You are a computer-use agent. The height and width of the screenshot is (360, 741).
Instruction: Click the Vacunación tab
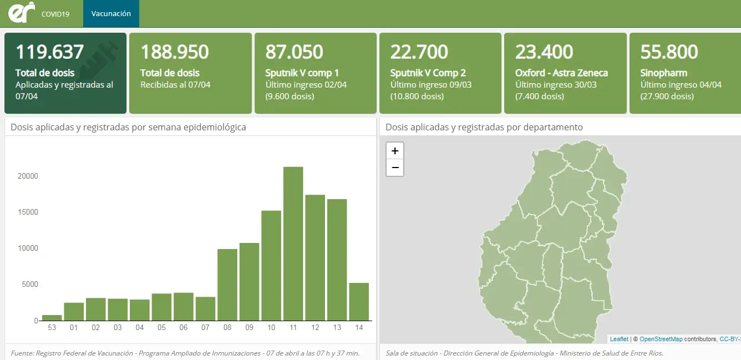[111, 13]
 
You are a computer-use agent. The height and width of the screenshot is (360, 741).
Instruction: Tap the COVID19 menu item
[55, 14]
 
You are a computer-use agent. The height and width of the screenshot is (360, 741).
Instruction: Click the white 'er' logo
[22, 12]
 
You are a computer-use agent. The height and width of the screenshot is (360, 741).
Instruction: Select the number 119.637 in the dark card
[49, 52]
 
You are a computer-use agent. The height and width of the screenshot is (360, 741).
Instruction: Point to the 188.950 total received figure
[175, 52]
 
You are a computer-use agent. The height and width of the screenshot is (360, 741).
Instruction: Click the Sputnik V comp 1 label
[302, 73]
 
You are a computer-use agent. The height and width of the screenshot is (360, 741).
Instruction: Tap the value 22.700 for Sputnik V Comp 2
[419, 52]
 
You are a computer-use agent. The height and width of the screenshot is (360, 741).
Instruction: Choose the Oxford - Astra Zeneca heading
[561, 73]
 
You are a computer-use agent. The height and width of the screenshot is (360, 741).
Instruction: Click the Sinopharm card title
[663, 73]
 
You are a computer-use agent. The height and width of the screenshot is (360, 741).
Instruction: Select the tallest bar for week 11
[293, 244]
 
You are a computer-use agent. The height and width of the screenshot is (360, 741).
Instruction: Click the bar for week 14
[359, 302]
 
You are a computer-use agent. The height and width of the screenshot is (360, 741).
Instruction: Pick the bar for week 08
[227, 285]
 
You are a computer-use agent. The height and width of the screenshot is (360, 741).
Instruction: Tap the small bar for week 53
[52, 318]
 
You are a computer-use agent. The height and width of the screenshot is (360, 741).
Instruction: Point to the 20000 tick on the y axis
[28, 176]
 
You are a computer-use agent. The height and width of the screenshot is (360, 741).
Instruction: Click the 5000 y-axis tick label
[30, 284]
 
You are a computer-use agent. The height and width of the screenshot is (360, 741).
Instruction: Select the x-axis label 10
[271, 328]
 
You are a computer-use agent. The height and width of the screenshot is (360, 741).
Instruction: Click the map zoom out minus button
[395, 168]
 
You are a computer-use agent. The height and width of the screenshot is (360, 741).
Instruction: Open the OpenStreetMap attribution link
[661, 339]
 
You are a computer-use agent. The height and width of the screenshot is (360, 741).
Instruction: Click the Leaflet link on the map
[619, 339]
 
